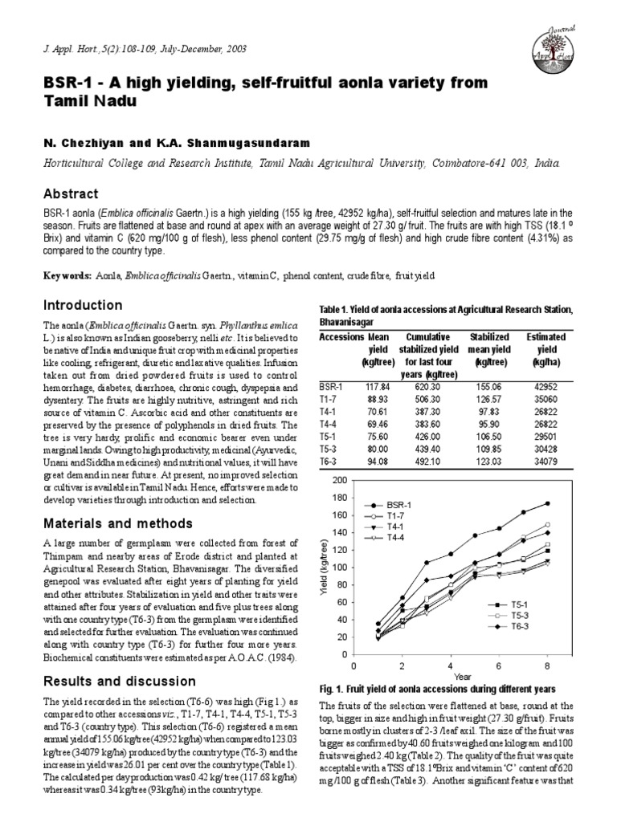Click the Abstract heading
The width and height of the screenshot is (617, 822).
tap(72, 194)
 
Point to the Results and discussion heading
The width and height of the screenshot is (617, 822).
tap(108, 682)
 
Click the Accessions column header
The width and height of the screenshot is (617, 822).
tap(341, 337)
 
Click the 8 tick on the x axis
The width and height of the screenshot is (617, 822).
tap(546, 666)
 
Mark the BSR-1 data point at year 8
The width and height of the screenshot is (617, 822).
tap(547, 503)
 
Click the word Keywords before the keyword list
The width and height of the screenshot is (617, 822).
tap(67, 276)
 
